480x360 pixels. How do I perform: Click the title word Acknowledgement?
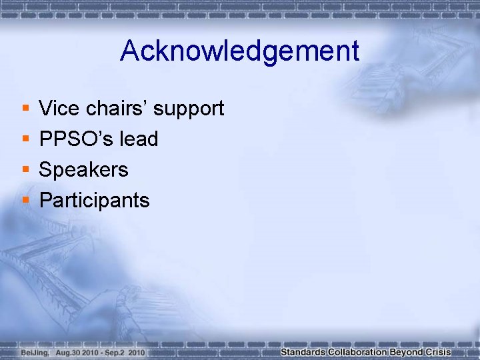click(239, 51)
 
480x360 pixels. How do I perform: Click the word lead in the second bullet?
click(139, 139)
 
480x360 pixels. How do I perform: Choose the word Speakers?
click(83, 170)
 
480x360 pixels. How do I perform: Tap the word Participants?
click(94, 201)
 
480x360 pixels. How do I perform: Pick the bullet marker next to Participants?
click(25, 200)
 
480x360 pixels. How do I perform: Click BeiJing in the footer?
click(34, 352)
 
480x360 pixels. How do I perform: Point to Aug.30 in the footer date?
click(70, 352)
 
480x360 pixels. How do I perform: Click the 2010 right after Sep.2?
click(137, 352)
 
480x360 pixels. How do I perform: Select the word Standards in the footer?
click(303, 352)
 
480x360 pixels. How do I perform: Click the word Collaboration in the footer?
click(357, 352)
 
